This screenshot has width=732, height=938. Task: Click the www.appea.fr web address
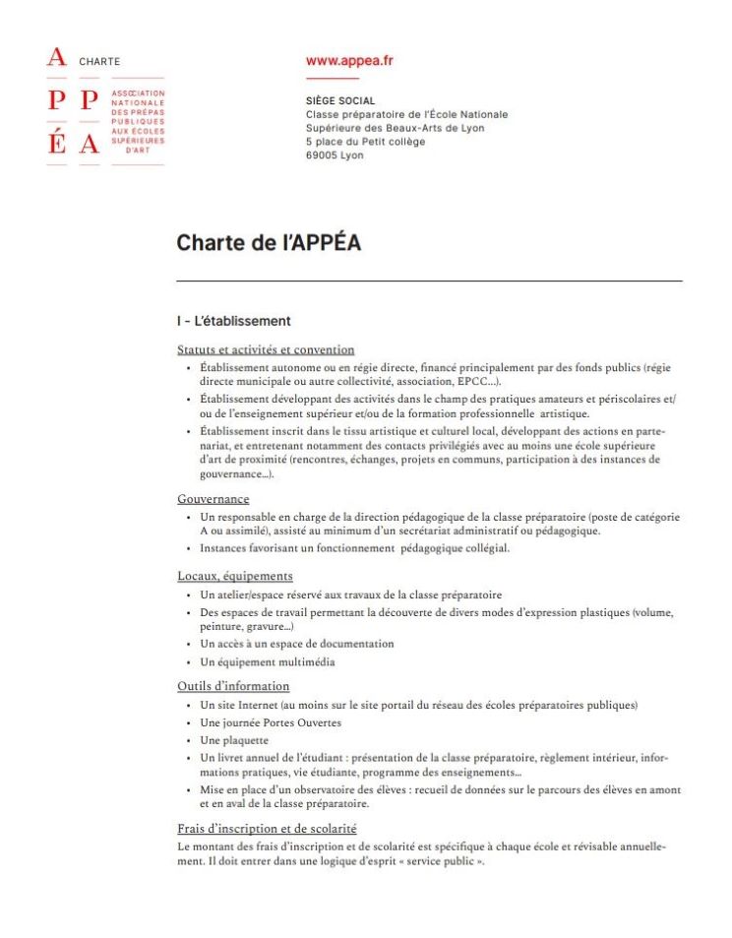tap(349, 60)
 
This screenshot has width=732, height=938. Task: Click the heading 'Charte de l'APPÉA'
tap(268, 242)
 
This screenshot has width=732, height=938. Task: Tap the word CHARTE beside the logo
tap(99, 61)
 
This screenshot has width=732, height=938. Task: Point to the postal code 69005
tap(322, 156)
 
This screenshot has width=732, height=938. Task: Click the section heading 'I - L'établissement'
tap(233, 321)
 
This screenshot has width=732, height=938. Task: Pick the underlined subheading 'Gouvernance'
tap(213, 499)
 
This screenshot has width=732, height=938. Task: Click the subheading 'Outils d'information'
tap(233, 686)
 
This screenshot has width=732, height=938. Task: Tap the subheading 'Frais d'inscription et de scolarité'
tap(267, 829)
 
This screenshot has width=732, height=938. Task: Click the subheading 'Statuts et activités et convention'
tap(266, 349)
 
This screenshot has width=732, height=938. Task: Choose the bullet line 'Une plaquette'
tap(232, 739)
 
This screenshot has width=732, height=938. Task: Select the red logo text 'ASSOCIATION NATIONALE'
tap(138, 96)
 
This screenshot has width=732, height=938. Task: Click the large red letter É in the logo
tap(57, 144)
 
